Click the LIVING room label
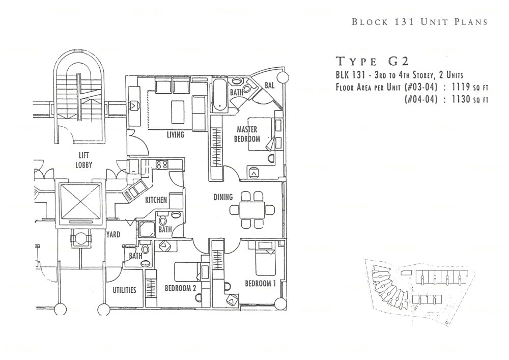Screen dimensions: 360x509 (x=175, y=135)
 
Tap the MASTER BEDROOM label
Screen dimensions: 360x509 (x=247, y=134)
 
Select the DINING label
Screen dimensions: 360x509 (x=223, y=197)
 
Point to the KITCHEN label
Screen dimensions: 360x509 (x=156, y=200)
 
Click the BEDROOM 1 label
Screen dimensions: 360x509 (x=260, y=283)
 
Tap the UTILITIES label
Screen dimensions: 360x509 (x=124, y=290)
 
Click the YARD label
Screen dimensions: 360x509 (x=113, y=235)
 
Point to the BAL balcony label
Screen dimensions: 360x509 (x=269, y=86)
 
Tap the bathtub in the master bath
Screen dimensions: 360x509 (x=218, y=95)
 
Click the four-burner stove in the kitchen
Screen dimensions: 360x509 (x=162, y=164)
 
